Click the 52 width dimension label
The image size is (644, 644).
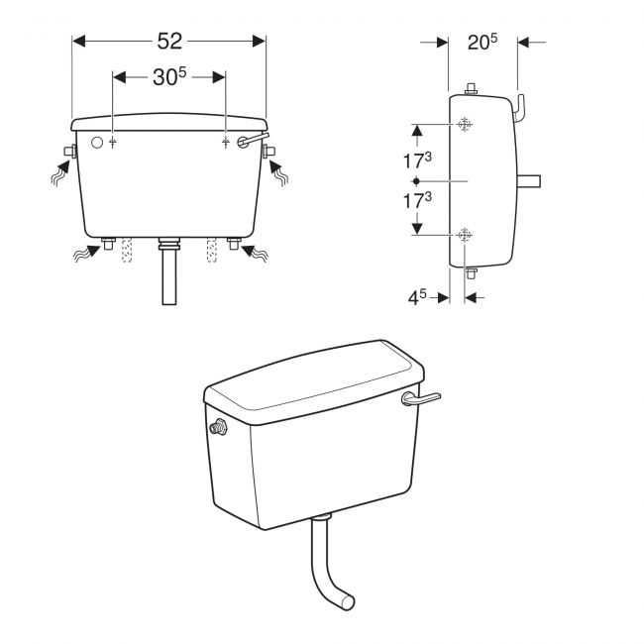point(169,41)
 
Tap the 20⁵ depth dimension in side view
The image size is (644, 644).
point(482,42)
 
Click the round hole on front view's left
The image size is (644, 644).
point(96,143)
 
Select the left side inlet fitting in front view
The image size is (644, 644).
point(68,152)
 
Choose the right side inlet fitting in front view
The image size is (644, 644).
point(269,152)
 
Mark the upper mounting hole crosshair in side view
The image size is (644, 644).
point(465,125)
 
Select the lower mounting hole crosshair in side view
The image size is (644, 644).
point(465,235)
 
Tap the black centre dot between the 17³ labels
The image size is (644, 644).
point(417,181)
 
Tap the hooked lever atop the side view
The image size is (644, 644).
point(521,106)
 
